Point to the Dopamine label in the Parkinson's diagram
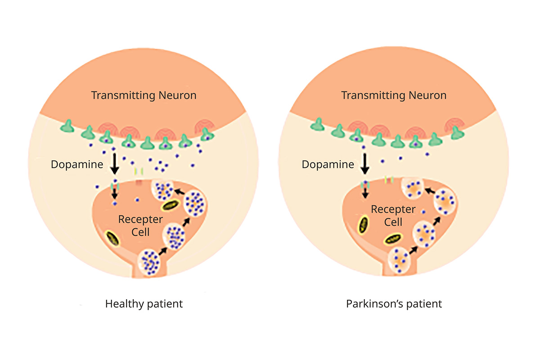(328, 165)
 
